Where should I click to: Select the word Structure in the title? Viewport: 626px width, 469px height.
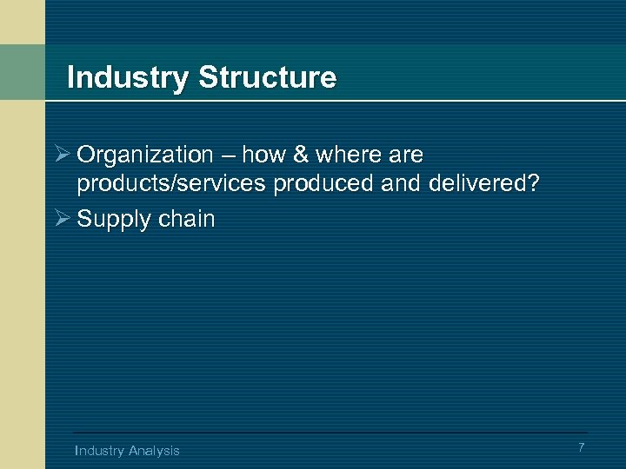coord(267,78)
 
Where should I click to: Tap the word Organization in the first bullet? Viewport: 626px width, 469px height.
coord(145,155)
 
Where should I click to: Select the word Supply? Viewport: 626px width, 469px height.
coord(110,219)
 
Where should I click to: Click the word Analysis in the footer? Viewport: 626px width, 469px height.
coord(154,450)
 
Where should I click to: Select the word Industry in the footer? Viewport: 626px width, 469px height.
coord(100,450)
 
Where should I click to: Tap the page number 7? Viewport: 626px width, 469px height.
coord(582,447)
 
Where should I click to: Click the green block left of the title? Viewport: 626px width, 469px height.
coord(22,72)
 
